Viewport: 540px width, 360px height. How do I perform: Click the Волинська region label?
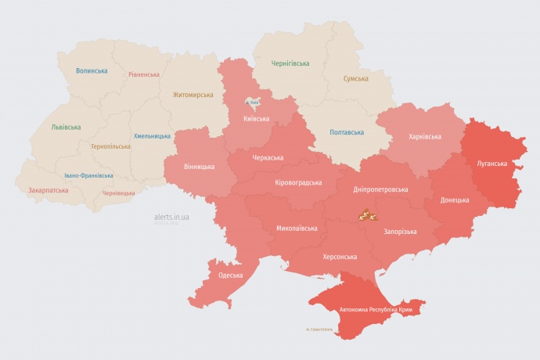92,70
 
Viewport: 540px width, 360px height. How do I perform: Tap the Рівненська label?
144,75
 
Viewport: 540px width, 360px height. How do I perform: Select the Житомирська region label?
193,95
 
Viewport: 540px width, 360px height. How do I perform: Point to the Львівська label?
66,126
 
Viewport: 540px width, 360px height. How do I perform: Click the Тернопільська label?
112,146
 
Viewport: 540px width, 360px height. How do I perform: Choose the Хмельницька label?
152,135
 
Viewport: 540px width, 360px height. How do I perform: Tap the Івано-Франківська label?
88,175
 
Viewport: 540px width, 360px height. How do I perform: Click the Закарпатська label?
48,190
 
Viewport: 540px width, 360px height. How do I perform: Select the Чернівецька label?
118,193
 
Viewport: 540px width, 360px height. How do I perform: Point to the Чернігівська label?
290,63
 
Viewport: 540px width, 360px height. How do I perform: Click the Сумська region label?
356,78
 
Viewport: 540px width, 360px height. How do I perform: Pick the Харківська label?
425,136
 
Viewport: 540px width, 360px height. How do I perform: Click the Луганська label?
492,164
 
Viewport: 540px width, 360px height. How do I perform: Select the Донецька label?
455,200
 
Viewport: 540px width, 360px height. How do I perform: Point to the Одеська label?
231,275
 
